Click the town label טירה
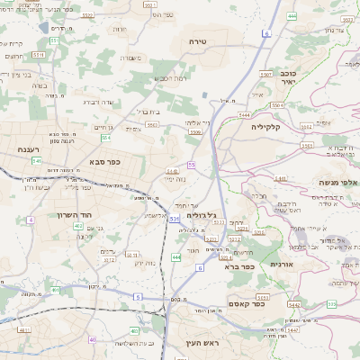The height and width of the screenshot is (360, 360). click(198, 42)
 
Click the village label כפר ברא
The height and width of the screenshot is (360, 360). click(243, 266)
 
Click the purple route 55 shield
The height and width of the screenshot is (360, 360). click(191, 165)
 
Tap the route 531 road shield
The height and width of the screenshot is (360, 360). click(173, 219)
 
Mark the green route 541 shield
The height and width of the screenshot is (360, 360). click(37, 160)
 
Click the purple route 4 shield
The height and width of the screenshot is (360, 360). click(30, 219)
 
